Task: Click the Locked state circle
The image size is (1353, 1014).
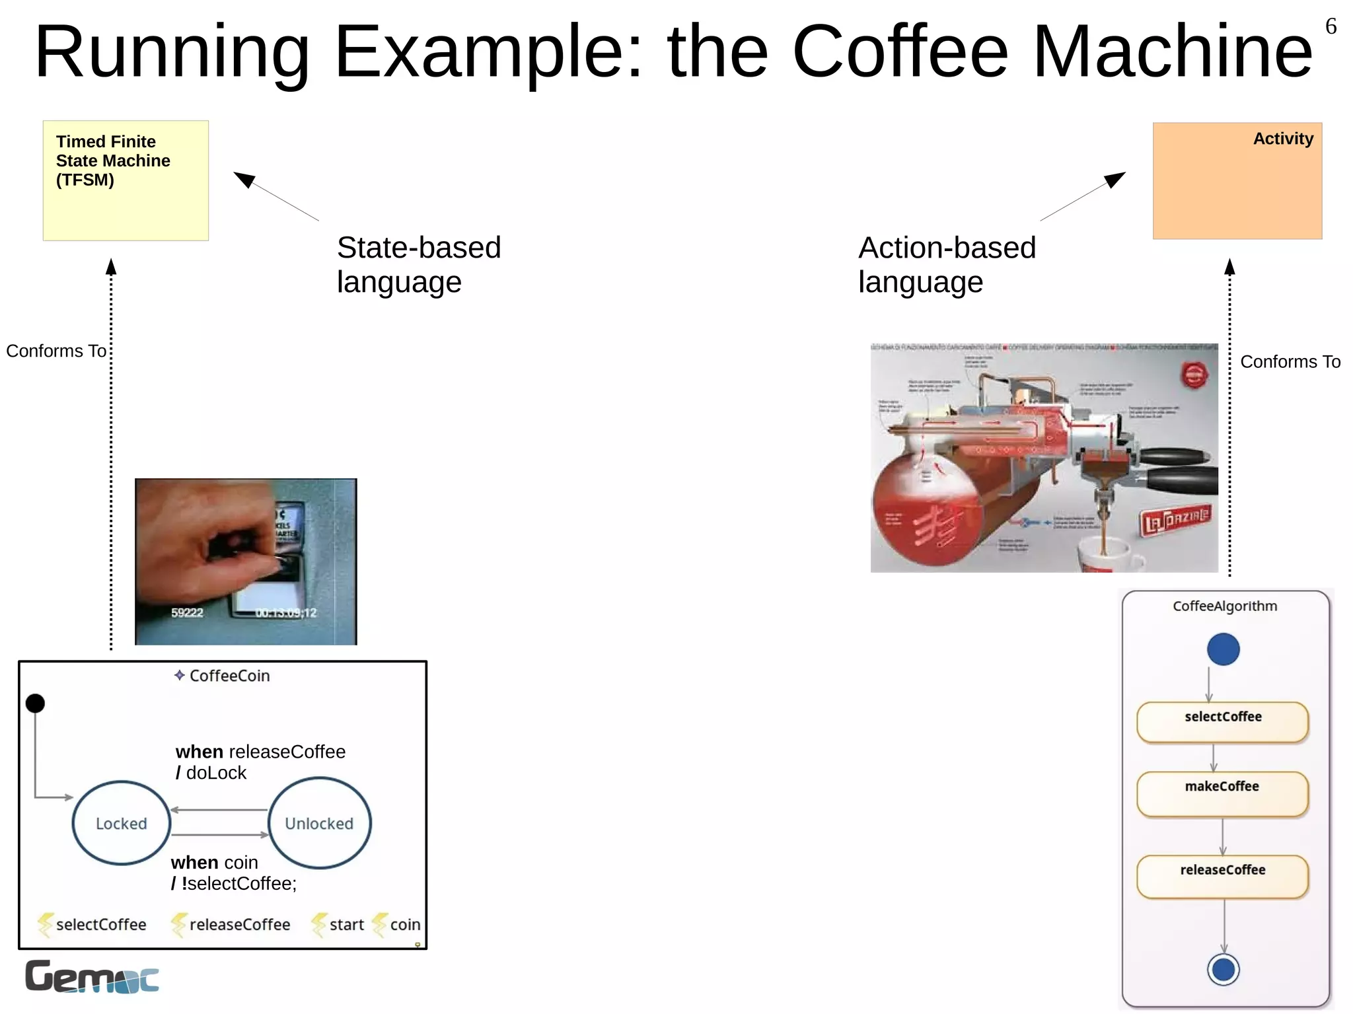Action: click(x=122, y=823)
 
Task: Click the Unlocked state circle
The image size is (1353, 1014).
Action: click(x=320, y=823)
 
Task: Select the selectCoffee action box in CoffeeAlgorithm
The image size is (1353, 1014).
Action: click(x=1222, y=722)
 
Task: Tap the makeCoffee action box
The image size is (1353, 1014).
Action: click(x=1222, y=793)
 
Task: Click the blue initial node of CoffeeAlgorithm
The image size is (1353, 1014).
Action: click(x=1223, y=649)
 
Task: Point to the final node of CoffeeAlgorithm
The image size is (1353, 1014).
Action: click(x=1224, y=970)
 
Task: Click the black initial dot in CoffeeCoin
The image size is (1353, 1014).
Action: click(x=35, y=704)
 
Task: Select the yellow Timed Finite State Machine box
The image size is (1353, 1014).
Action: click(x=126, y=180)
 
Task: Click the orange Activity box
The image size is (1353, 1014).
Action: click(x=1237, y=180)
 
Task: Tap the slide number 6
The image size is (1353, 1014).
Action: click(x=1331, y=26)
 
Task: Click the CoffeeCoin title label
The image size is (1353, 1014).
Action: click(x=229, y=676)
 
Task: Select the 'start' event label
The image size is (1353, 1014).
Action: click(x=346, y=924)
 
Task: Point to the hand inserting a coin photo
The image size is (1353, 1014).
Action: click(x=246, y=561)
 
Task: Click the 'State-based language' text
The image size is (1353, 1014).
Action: click(x=419, y=264)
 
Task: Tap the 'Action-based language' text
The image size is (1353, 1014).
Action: click(x=947, y=264)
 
